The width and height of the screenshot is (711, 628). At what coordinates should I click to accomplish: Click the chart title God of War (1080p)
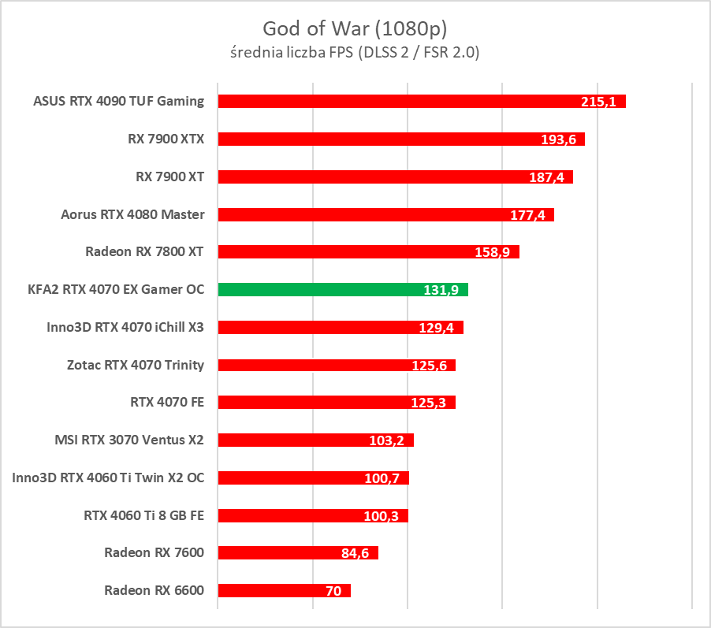(x=355, y=29)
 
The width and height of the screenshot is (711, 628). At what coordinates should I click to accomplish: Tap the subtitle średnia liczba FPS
(x=355, y=53)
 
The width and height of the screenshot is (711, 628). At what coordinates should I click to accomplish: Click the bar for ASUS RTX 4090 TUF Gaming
(x=394, y=101)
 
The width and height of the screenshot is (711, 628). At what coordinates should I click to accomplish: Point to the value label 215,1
(x=599, y=102)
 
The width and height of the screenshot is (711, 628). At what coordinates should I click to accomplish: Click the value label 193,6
(x=558, y=139)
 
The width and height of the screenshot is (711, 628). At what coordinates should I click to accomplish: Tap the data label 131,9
(x=441, y=290)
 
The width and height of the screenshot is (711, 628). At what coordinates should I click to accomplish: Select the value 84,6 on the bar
(x=355, y=553)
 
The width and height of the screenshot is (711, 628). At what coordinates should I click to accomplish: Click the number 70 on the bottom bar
(x=333, y=591)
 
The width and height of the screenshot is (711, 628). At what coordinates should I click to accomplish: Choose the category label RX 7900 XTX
(x=166, y=139)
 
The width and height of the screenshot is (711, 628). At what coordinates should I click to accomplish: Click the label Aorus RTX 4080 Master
(x=132, y=214)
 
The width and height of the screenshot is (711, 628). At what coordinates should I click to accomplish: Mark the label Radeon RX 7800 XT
(x=144, y=251)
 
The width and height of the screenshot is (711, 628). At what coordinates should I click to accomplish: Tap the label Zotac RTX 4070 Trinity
(x=136, y=364)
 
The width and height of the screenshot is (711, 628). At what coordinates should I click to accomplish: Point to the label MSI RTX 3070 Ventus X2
(x=128, y=439)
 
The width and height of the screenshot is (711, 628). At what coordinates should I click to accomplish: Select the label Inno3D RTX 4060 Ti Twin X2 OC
(x=108, y=477)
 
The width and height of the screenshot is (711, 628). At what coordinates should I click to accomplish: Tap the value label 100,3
(x=385, y=516)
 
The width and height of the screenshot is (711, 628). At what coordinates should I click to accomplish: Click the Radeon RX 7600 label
(x=154, y=552)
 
